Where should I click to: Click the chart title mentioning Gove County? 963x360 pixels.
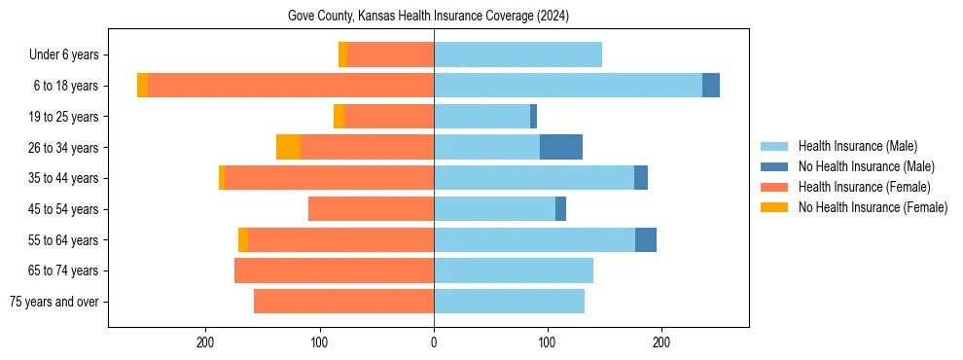click(428, 17)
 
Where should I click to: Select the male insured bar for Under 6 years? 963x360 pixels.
click(517, 54)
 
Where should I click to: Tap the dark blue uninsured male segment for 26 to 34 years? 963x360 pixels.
click(561, 147)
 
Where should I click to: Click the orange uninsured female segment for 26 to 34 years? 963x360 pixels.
click(288, 147)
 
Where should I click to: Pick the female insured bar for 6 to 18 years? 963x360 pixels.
click(291, 86)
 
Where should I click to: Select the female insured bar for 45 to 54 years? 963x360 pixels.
click(371, 209)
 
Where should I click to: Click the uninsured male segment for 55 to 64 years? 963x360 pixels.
click(646, 240)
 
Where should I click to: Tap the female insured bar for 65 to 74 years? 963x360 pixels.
click(334, 270)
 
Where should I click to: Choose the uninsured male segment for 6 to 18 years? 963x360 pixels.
click(711, 86)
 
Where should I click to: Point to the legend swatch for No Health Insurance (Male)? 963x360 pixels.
click(775, 166)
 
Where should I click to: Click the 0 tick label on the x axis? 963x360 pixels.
click(434, 342)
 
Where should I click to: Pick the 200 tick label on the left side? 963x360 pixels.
click(205, 342)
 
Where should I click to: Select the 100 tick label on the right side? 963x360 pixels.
click(548, 342)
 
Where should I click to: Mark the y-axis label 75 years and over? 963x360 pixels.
click(57, 302)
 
